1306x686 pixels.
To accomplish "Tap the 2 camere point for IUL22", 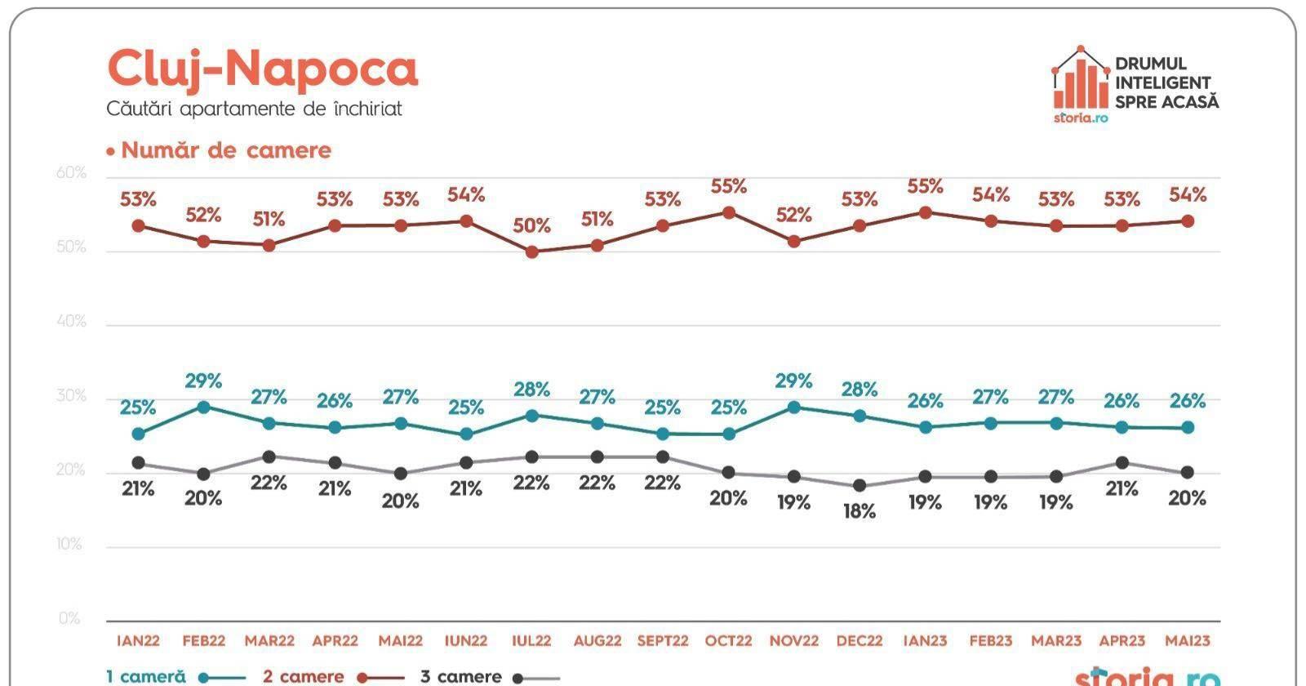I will [x=531, y=252].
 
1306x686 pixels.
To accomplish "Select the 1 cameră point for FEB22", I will [x=203, y=407].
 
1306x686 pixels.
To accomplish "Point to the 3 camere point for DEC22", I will [x=860, y=486].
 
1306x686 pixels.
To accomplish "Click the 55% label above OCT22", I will [x=728, y=186].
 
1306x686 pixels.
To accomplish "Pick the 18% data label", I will [x=860, y=511].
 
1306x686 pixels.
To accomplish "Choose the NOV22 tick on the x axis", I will [x=793, y=641].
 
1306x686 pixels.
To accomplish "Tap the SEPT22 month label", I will [x=662, y=641].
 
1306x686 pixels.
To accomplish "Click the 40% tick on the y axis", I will [x=72, y=322].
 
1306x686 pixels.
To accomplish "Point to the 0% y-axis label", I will [x=70, y=619].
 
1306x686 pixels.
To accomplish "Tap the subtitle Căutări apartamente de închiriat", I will [x=254, y=109].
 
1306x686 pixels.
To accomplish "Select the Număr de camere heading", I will [x=225, y=150].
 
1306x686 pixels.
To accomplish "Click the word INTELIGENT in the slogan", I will [x=1162, y=82].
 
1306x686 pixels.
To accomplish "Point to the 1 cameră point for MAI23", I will [x=1188, y=427].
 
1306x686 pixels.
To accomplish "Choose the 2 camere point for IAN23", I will [x=925, y=212].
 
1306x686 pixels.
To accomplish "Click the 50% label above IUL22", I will [x=531, y=225].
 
